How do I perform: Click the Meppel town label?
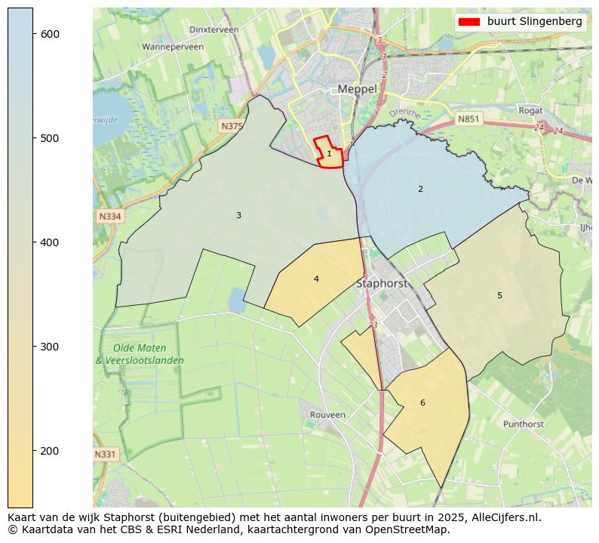coord(357,89)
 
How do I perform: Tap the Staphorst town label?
coord(382,284)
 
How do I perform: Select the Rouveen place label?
coord(327,415)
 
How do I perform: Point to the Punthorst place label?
coord(523,424)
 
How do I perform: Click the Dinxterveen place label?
coord(214,29)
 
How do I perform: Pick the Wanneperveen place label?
coord(173,47)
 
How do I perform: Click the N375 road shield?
coord(232,126)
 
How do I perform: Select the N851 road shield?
coord(468,119)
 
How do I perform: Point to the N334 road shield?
coord(109,217)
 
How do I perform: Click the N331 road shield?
coord(106,455)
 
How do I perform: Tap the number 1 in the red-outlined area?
coord(329,154)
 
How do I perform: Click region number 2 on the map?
coord(420,189)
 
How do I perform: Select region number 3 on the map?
coord(238,216)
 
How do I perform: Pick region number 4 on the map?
coord(316,279)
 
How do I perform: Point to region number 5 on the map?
coord(499,295)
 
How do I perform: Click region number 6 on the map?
coord(422,403)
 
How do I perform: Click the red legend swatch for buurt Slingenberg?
coord(468,22)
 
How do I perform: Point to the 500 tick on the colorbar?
coord(34,138)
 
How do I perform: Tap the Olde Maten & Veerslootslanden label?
coord(140,354)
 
